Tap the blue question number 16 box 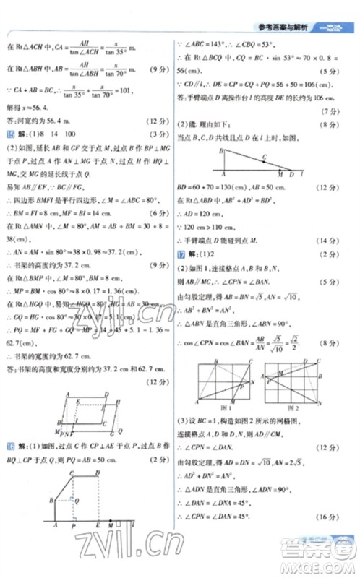coord(10,447)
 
